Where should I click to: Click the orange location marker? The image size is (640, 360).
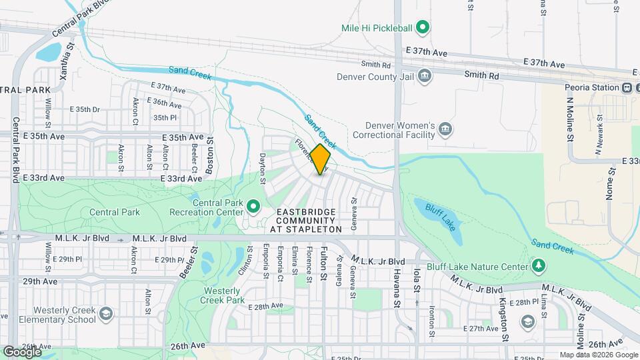(x=321, y=160)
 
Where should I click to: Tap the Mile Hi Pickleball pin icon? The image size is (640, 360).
(x=422, y=28)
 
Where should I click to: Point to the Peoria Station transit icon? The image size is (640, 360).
(x=627, y=87)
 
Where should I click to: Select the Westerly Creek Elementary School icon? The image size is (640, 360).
(x=105, y=313)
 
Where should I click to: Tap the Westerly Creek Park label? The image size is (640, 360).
(x=222, y=295)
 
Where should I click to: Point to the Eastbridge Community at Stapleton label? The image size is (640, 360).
(x=306, y=220)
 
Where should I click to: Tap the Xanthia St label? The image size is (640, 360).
(x=65, y=62)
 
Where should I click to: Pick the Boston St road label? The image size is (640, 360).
(x=209, y=156)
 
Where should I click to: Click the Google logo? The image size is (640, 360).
(x=22, y=351)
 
